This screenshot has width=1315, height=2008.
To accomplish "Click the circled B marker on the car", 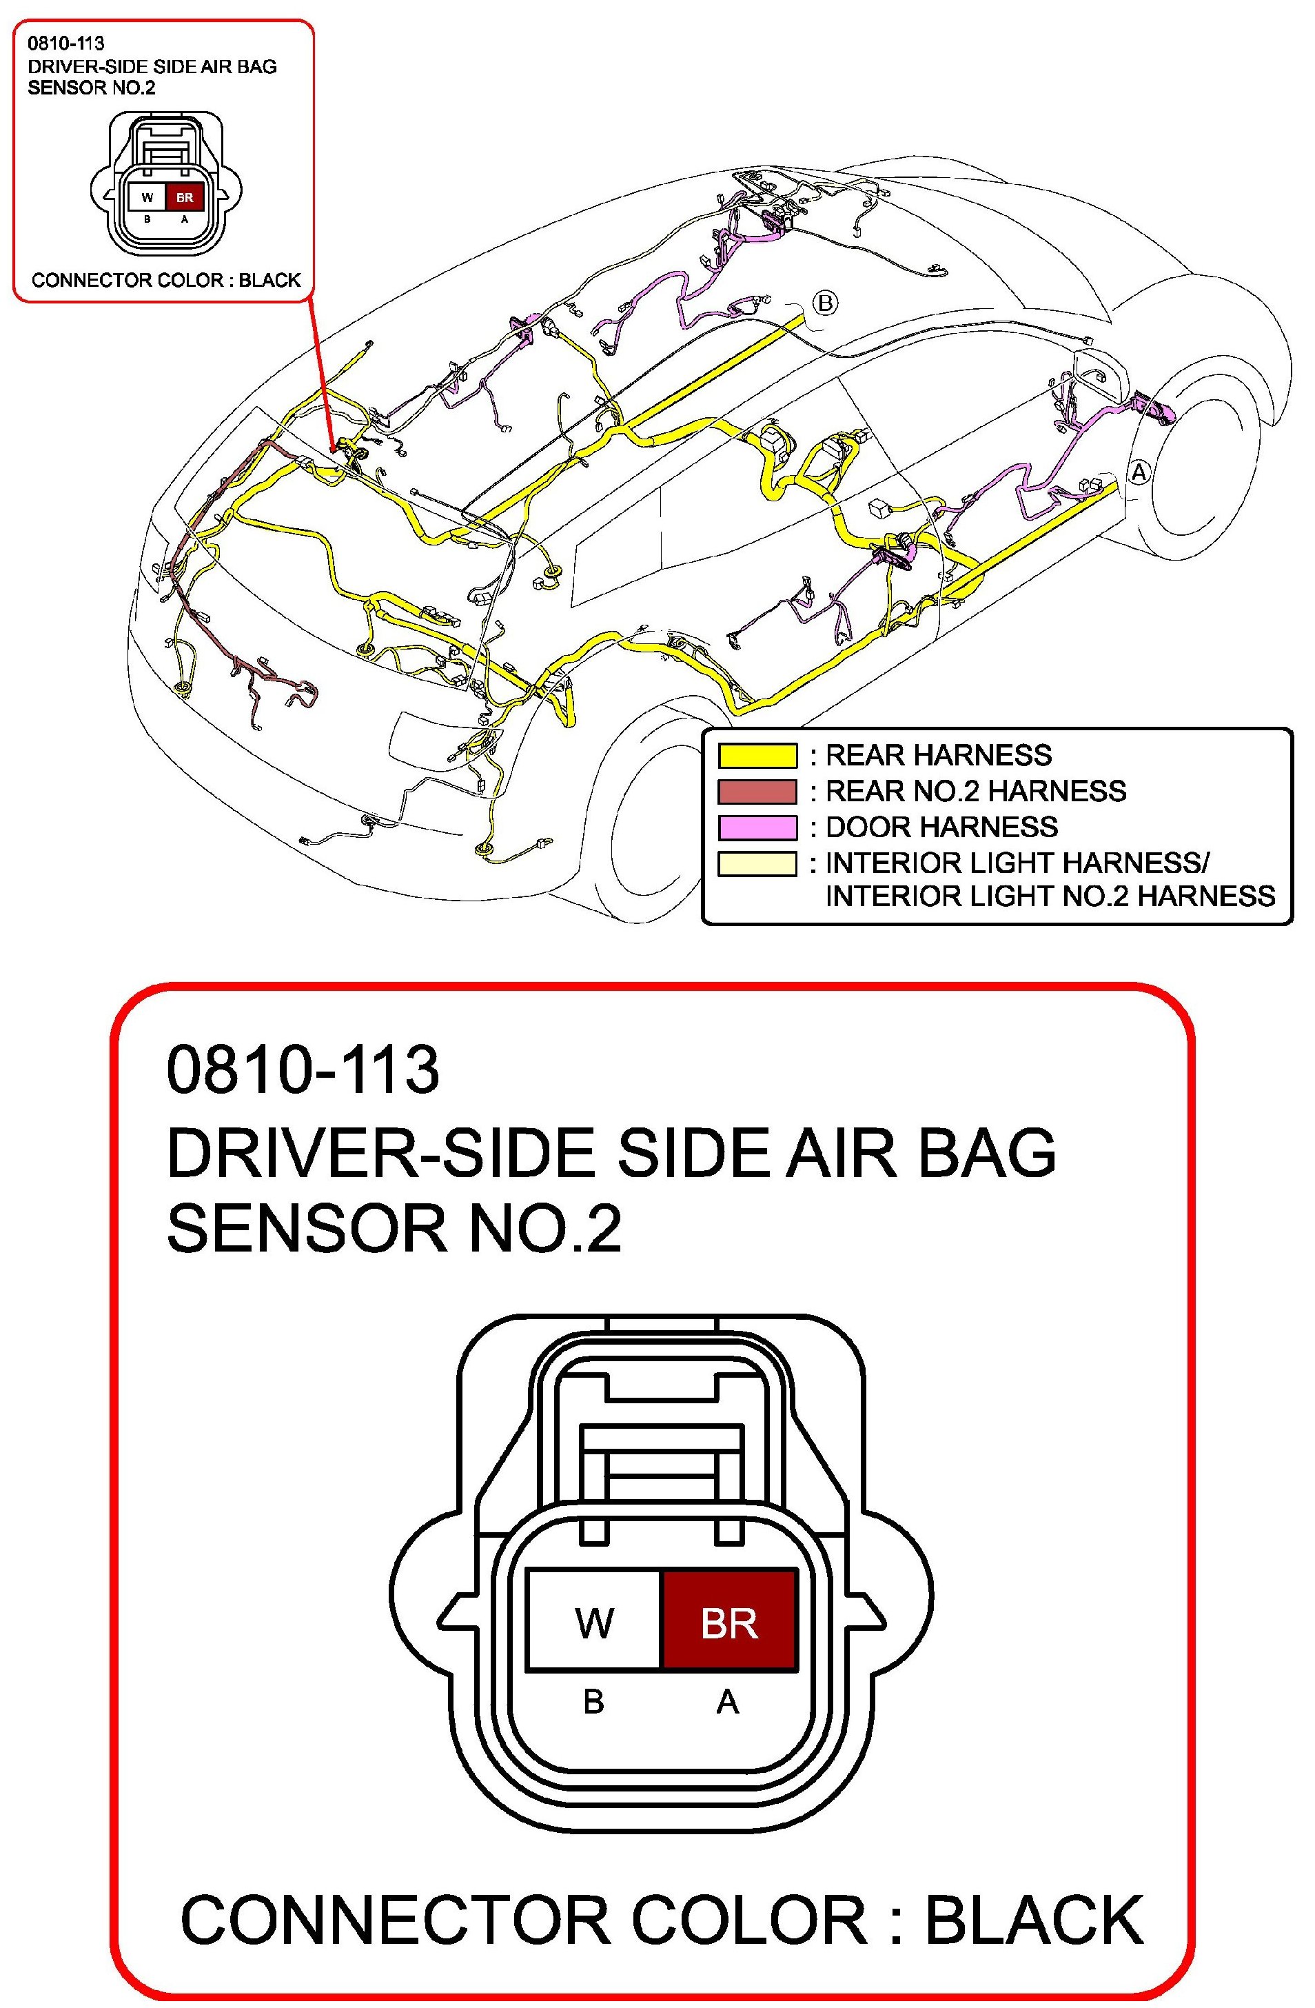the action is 825,303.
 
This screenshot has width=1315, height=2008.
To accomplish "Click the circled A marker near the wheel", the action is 1139,472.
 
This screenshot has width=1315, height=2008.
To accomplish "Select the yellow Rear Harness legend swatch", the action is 757,755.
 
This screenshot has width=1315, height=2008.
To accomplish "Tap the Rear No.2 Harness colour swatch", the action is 757,792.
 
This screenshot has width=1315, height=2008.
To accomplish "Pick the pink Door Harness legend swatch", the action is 757,827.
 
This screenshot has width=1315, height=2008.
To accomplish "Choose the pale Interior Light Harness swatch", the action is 757,864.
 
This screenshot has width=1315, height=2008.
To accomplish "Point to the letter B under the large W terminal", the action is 594,1702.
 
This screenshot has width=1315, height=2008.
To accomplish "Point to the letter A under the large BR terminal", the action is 727,1702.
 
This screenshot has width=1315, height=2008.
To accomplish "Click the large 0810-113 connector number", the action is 302,1070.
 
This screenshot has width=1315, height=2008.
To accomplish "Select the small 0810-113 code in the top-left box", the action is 65,43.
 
